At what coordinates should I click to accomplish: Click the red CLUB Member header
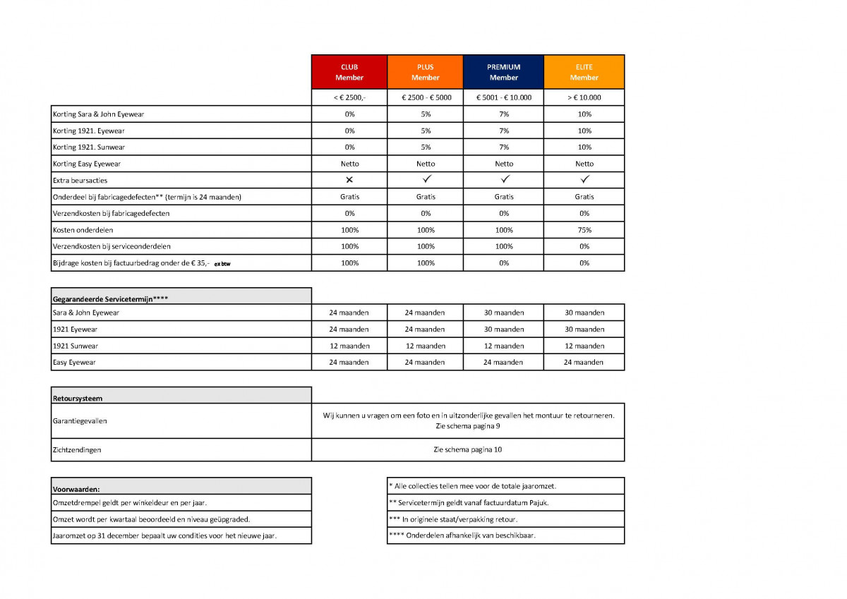coord(349,72)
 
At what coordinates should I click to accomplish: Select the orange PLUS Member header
coord(425,72)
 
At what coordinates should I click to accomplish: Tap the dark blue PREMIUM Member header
coord(503,72)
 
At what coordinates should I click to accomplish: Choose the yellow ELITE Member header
coord(584,72)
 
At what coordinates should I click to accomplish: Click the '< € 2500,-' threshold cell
coord(349,97)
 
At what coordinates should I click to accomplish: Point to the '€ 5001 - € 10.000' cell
coord(503,97)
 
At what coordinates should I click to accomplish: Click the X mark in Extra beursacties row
coord(349,180)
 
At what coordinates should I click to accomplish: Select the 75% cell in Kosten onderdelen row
coord(584,230)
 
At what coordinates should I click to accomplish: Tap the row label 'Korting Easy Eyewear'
coord(87,164)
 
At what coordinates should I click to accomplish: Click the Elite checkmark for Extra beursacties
coord(584,180)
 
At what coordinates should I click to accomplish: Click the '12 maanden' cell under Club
coord(349,346)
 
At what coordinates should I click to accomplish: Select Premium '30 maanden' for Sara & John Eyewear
coord(503,313)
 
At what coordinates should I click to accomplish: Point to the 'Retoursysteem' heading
coord(78,399)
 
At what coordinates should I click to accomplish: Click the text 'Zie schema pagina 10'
coord(467,449)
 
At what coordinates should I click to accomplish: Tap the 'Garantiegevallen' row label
coord(80,421)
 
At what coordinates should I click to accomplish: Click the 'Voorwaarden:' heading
coord(76,488)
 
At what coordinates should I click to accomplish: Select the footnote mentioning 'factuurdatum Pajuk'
coord(469,502)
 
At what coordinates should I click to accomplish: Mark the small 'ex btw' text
coord(222,264)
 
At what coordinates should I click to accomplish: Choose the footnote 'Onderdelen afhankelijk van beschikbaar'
coord(462,536)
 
